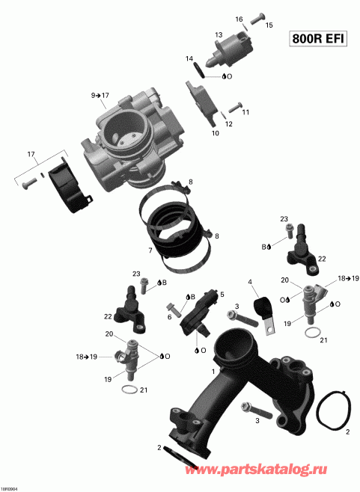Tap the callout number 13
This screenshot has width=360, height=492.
pos(219,35)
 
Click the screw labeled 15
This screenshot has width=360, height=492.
pos(258,16)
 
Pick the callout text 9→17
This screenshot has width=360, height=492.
pos(100,96)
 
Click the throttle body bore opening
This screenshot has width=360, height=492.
pos(120,135)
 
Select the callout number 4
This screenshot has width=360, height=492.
pos(251,281)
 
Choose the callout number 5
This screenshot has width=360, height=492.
pos(222,295)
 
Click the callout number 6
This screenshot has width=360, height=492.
pos(169,317)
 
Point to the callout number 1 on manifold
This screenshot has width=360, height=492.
pos(213,371)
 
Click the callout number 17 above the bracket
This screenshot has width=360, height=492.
pos(31,155)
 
